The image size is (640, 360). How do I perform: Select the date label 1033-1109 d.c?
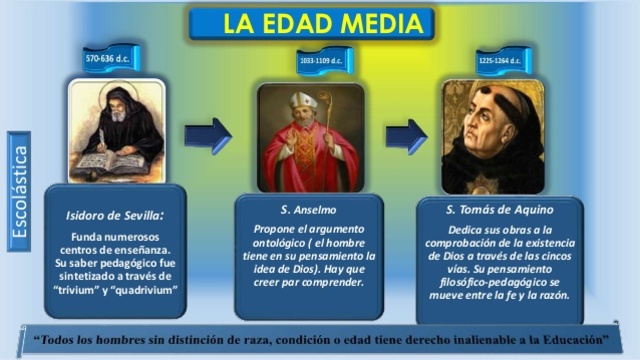click(x=322, y=62)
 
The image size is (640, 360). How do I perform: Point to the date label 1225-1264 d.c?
click(x=500, y=61)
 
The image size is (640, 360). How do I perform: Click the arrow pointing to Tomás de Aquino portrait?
click(x=405, y=135)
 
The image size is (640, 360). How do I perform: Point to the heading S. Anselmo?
click(x=307, y=209)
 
